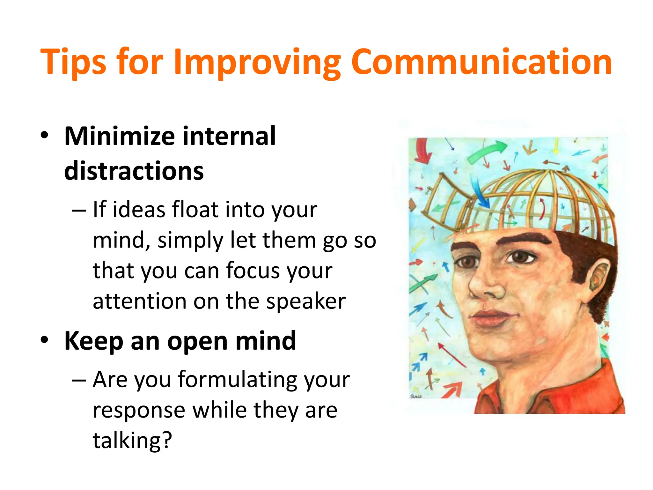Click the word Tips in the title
pyautogui.click(x=73, y=62)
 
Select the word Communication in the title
pyautogui.click(x=481, y=62)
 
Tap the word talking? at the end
pyautogui.click(x=132, y=440)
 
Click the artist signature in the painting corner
pyautogui.click(x=416, y=397)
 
